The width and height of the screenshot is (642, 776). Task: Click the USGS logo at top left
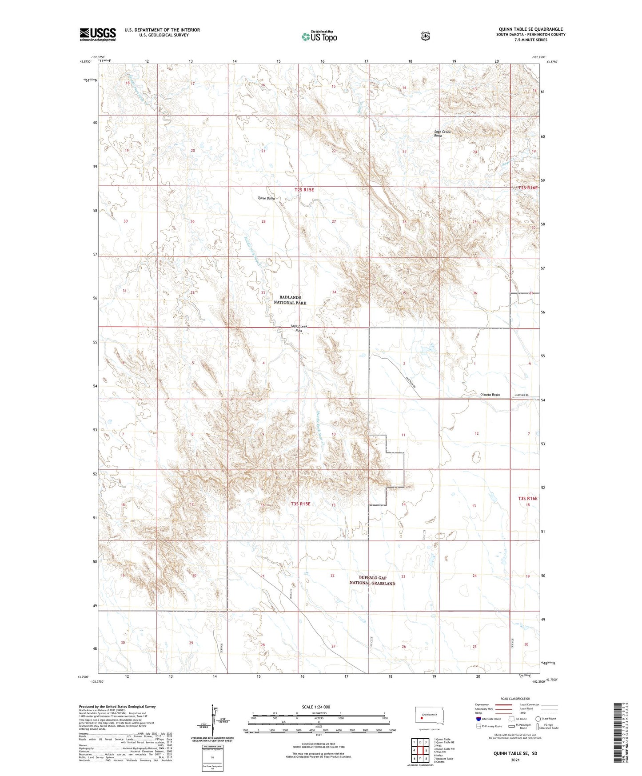click(x=98, y=34)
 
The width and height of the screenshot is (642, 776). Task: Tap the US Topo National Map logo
click(x=319, y=36)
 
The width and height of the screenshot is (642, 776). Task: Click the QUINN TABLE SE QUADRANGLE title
click(x=530, y=29)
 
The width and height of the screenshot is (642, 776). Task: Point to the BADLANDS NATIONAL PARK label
click(x=290, y=300)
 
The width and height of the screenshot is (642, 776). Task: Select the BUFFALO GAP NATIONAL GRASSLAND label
click(x=372, y=580)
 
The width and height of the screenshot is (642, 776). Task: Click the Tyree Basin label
click(x=266, y=198)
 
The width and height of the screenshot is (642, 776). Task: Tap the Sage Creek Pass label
click(x=299, y=328)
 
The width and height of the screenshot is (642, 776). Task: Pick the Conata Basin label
click(x=490, y=395)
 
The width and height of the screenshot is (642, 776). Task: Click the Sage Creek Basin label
click(x=442, y=133)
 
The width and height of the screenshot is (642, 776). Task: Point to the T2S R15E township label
click(x=304, y=190)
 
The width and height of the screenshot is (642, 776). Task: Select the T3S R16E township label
click(x=527, y=499)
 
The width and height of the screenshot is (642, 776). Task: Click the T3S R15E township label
click(x=300, y=504)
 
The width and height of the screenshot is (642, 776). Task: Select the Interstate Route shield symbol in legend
click(x=478, y=718)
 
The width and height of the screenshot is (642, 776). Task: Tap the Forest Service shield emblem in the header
click(x=425, y=36)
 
